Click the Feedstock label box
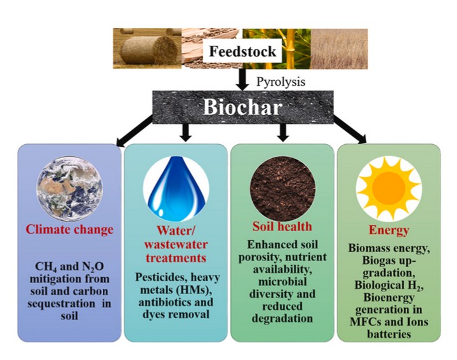coord(242,51)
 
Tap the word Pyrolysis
coord(281,82)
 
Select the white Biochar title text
coord(242,107)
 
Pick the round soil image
coord(282,189)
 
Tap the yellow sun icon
coord(389,189)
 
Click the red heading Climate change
coord(69,229)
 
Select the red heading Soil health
coord(282,227)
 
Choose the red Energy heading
coord(389,230)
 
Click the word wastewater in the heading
coord(176,244)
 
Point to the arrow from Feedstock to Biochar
coord(242,79)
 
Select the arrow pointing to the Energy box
coord(350,130)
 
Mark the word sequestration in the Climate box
coord(61,303)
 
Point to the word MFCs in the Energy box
coord(364,321)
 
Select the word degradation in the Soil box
coord(282,318)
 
